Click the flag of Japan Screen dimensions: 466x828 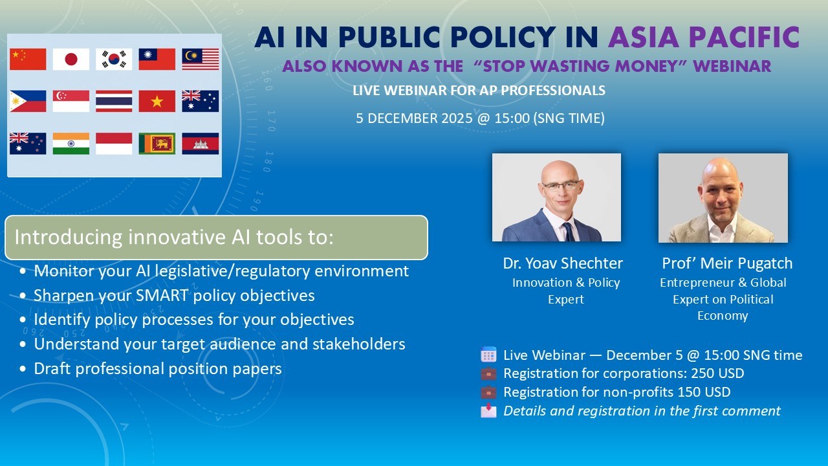coord(71,60)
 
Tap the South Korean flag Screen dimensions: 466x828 coord(114,60)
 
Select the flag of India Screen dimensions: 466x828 coord(71,143)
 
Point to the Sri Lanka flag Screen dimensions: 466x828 coord(157,143)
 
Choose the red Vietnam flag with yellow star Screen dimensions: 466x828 coord(157,101)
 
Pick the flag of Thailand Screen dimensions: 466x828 coord(114,101)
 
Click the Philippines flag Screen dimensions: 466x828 coord(28,101)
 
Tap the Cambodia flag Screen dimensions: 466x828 coord(200,143)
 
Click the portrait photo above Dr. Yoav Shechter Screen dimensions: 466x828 coord(556,197)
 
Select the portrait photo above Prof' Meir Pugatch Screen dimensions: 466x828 coord(723,197)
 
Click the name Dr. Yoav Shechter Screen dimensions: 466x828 coord(562,263)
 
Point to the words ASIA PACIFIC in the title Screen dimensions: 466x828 coord(703,38)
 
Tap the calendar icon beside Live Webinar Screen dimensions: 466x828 coord(488,355)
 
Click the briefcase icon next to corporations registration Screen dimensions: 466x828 coord(488,373)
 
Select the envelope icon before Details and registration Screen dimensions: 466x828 coord(488,410)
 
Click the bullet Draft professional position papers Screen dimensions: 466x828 coord(158,369)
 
